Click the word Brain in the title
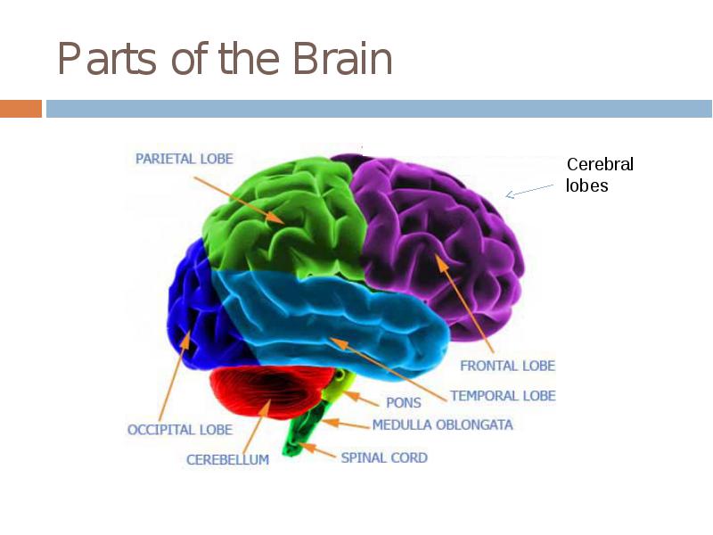[x=342, y=58]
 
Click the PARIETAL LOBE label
[x=184, y=159]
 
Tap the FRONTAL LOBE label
[x=507, y=366]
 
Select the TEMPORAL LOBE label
[x=503, y=396]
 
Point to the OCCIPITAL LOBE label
[x=180, y=430]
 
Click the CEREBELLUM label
[x=227, y=459]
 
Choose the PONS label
[x=404, y=403]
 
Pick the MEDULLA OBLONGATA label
[x=442, y=425]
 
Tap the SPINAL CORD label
[x=384, y=457]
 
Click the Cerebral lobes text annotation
[x=600, y=175]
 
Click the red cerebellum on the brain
[x=271, y=391]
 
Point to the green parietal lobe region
[x=286, y=218]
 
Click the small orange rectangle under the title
[x=20, y=109]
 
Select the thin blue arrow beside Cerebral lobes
[x=529, y=192]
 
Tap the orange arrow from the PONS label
[x=361, y=398]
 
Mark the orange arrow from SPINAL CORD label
[x=317, y=450]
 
